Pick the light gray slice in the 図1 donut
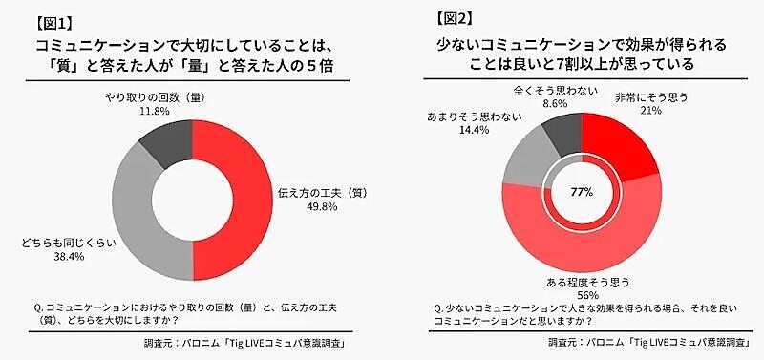(x=138, y=215)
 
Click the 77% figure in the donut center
(x=582, y=191)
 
